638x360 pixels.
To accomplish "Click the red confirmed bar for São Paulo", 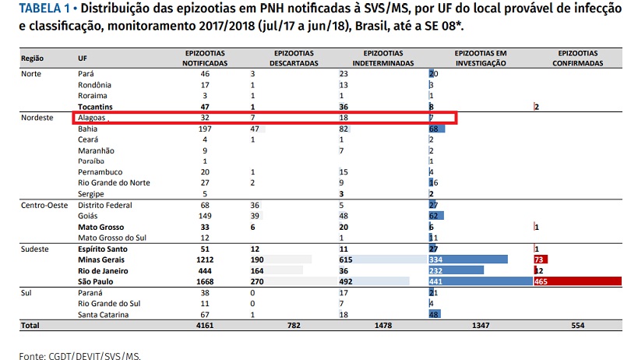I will click(x=576, y=281).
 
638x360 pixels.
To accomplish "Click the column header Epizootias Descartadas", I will click(x=294, y=58).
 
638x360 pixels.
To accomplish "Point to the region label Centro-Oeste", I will click(x=42, y=205).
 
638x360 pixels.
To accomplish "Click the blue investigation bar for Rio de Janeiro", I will click(x=456, y=270).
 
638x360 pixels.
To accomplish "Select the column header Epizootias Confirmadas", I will click(x=576, y=58).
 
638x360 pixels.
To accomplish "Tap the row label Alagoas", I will click(x=92, y=118).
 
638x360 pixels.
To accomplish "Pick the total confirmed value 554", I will click(x=576, y=325).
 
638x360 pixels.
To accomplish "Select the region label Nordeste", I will click(x=37, y=118).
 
